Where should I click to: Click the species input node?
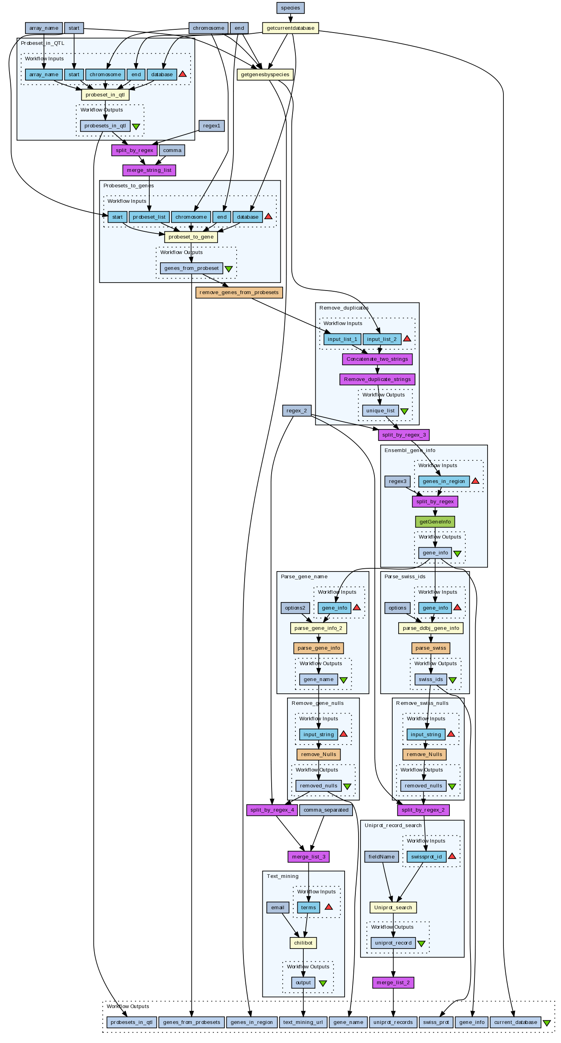pyautogui.click(x=290, y=8)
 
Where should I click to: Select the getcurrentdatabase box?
pyautogui.click(x=290, y=28)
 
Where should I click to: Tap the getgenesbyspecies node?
pyautogui.click(x=265, y=75)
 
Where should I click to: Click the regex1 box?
pyautogui.click(x=212, y=126)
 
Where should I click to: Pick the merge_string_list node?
pyautogui.click(x=149, y=170)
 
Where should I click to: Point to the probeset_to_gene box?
pyautogui.click(x=191, y=237)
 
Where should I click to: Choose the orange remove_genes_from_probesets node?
pyautogui.click(x=239, y=293)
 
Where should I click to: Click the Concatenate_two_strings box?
pyautogui.click(x=377, y=359)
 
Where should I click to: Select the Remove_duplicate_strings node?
pyautogui.click(x=377, y=379)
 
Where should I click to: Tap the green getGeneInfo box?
pyautogui.click(x=435, y=521)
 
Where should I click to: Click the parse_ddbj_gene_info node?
pyautogui.click(x=430, y=628)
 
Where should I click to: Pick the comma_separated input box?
pyautogui.click(x=326, y=810)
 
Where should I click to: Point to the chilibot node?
pyautogui.click(x=303, y=943)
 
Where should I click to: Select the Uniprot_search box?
pyautogui.click(x=393, y=907)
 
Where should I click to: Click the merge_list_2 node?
pyautogui.click(x=393, y=982)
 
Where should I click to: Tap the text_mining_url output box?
pyautogui.click(x=303, y=1022)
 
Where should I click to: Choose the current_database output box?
pyautogui.click(x=515, y=1022)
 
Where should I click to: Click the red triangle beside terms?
pyautogui.click(x=328, y=907)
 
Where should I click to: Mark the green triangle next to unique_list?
pyautogui.click(x=404, y=411)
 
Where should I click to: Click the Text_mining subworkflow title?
pyautogui.click(x=282, y=876)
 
